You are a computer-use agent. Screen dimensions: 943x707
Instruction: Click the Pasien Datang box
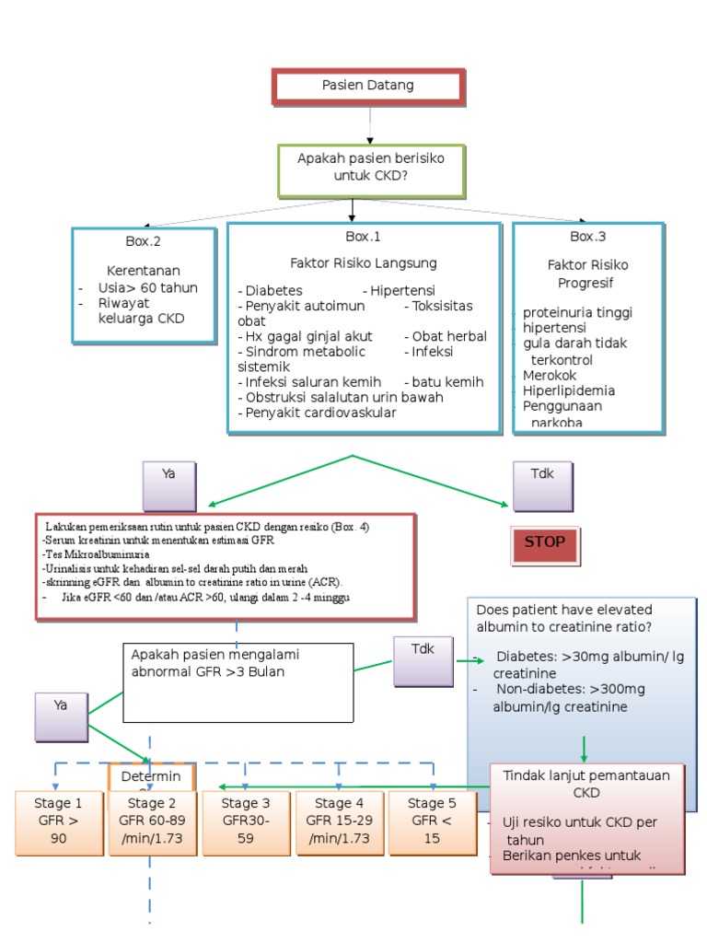point(368,86)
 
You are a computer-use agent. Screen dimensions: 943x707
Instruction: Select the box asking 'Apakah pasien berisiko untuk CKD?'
point(370,168)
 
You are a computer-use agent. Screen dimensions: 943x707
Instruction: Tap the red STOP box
point(544,543)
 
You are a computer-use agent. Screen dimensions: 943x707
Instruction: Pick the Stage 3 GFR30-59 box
point(246,821)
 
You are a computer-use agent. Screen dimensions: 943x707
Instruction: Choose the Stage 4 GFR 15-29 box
point(339,821)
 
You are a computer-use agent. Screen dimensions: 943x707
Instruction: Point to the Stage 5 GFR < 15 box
point(432,821)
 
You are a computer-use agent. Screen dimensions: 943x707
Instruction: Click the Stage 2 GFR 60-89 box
point(153,821)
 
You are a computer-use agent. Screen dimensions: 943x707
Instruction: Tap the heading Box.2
point(144,242)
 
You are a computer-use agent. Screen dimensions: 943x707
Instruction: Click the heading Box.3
point(587,237)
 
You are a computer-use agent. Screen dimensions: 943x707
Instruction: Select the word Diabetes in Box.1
point(273,290)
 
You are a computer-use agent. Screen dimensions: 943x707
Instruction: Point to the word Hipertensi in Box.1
point(402,290)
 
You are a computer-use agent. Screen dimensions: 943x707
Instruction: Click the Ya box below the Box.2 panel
point(168,483)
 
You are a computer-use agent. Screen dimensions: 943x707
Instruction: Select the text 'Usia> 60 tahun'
point(147,287)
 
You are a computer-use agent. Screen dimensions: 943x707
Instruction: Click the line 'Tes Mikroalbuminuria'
point(95,555)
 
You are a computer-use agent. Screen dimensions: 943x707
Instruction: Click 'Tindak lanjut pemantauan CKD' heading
point(585,783)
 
